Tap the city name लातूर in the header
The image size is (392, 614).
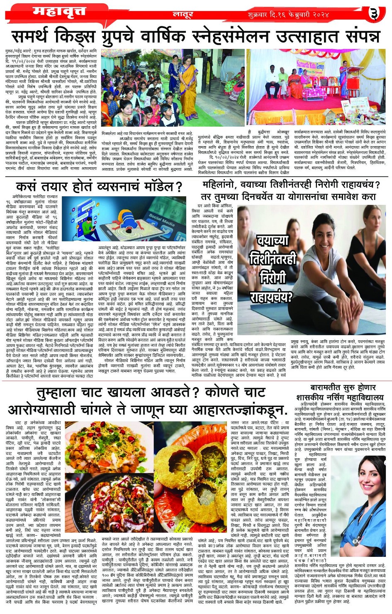pos(183,14)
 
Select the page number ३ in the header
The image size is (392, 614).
pos(374,14)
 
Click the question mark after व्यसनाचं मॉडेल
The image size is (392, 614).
pos(179,187)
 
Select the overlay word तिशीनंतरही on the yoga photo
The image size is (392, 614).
pos(273,260)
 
